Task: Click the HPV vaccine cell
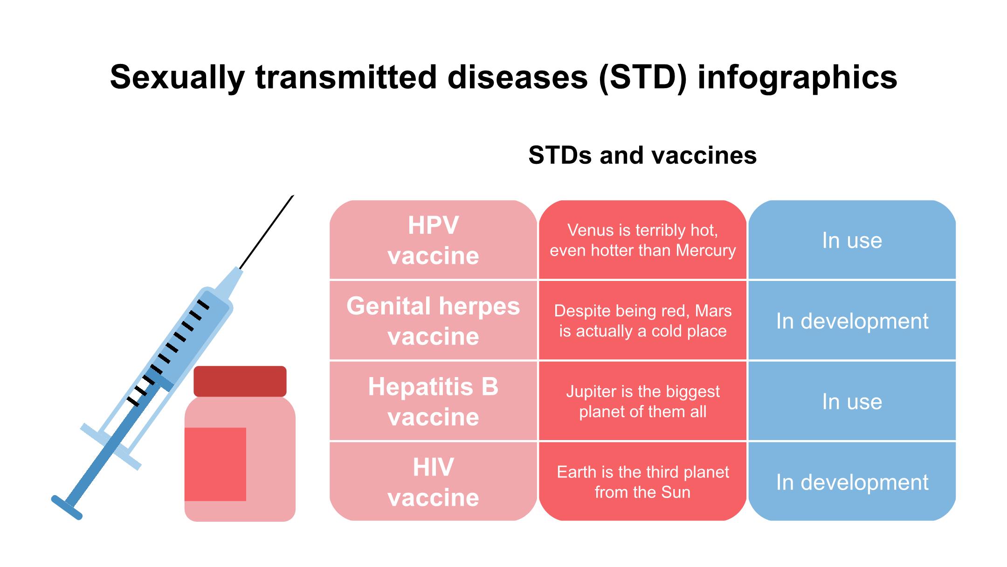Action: (433, 240)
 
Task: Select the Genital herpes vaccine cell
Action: (433, 321)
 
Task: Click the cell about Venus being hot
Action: (642, 240)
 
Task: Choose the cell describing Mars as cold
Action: (642, 321)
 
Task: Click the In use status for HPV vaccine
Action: (852, 240)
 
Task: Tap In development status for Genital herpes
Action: (852, 321)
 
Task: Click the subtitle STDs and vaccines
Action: (642, 155)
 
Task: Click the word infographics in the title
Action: (797, 77)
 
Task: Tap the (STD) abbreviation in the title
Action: (643, 77)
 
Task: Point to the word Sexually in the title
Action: (177, 77)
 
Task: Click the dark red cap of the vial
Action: (240, 381)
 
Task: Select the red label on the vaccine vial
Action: (215, 464)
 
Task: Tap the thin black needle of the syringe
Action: (267, 232)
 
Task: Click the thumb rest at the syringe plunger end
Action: (67, 507)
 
